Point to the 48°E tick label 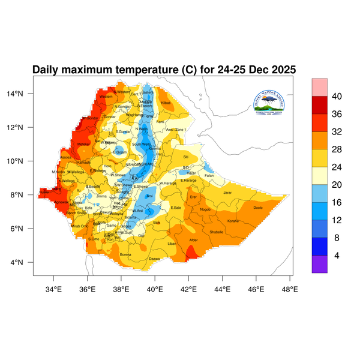[290, 290]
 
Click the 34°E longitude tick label [53, 290]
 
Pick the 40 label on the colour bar [337, 96]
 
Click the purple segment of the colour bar [319, 265]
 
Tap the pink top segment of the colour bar [319, 86]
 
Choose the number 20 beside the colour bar [337, 185]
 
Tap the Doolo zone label [258, 208]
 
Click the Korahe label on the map [233, 221]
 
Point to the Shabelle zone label [217, 232]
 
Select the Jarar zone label [227, 193]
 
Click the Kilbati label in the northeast [166, 103]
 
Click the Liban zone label [172, 244]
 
